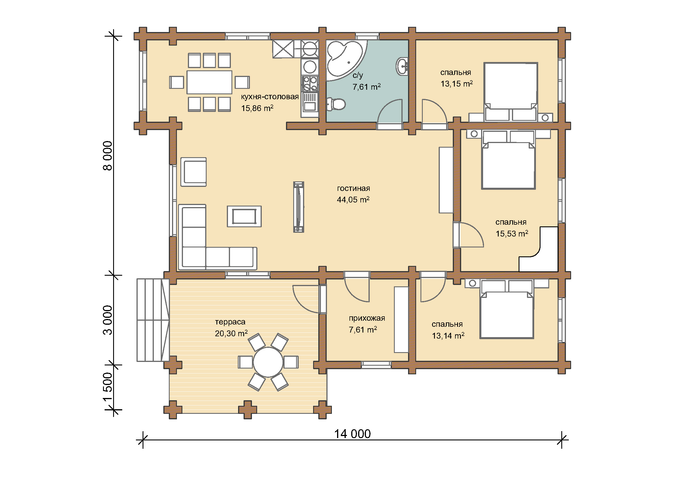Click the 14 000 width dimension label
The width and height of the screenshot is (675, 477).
click(x=352, y=434)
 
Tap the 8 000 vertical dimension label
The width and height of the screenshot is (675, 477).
click(x=108, y=156)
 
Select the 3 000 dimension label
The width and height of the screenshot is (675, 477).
click(x=108, y=320)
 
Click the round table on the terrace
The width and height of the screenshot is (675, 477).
click(x=268, y=362)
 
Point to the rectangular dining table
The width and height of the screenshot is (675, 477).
click(x=209, y=82)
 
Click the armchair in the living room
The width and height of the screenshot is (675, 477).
click(x=193, y=172)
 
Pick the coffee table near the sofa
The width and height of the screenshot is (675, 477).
click(x=244, y=217)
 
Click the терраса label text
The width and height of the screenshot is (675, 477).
click(x=230, y=322)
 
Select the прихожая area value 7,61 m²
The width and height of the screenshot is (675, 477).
click(x=363, y=330)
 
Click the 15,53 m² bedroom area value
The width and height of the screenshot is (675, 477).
click(x=512, y=234)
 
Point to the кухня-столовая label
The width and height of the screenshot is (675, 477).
click(x=270, y=97)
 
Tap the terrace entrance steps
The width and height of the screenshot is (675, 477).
click(x=153, y=320)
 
